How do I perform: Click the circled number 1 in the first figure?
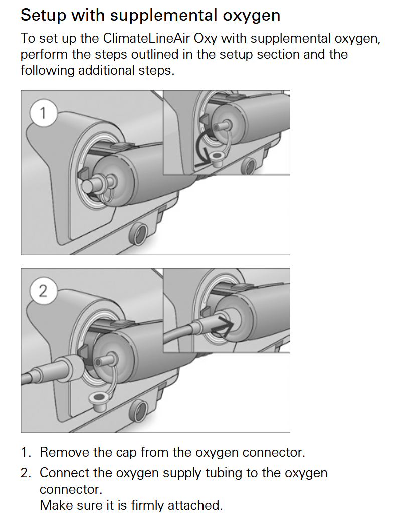point(43,113)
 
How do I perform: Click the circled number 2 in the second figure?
point(43,290)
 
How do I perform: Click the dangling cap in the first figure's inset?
point(218,159)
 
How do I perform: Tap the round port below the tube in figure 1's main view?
point(139,233)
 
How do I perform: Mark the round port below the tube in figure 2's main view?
point(139,411)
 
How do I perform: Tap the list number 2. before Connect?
point(26,473)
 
